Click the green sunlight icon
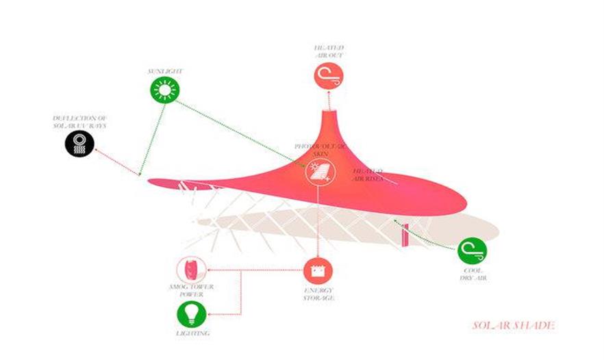click(x=164, y=90)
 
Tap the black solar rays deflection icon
click(x=79, y=144)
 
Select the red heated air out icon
click(x=328, y=75)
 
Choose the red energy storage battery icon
click(x=318, y=270)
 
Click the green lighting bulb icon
click(x=191, y=314)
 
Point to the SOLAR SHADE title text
click(x=513, y=325)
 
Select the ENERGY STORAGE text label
click(x=319, y=295)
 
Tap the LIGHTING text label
click(x=192, y=334)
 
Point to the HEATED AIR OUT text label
click(x=328, y=51)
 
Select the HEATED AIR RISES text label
click(x=368, y=174)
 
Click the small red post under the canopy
click(x=406, y=234)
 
